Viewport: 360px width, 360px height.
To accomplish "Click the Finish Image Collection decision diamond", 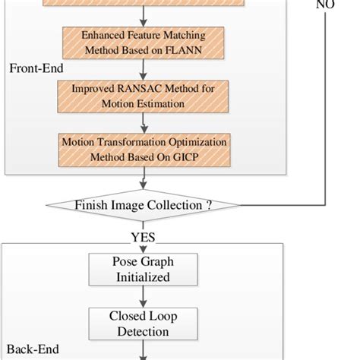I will point(142,204).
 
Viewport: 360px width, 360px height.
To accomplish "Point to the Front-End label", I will point(36,68).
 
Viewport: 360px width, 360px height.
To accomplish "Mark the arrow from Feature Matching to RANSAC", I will point(142,70).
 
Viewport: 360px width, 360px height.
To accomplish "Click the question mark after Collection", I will point(209,205).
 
